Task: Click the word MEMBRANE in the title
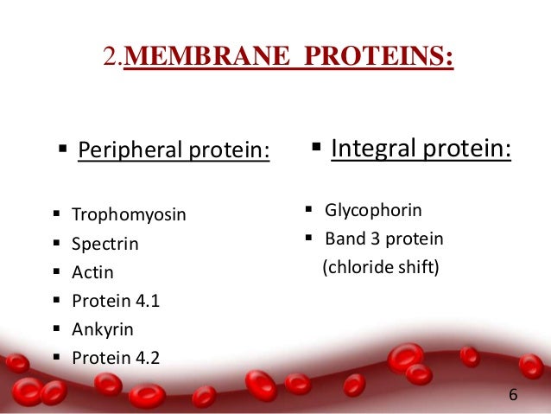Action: click(209, 59)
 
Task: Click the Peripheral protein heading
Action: click(174, 151)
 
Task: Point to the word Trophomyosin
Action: click(129, 214)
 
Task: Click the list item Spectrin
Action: click(104, 244)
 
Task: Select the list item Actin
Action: click(92, 272)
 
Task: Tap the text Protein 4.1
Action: click(116, 301)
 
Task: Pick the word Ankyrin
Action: click(103, 329)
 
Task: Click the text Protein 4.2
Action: click(116, 357)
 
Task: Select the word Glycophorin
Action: click(373, 210)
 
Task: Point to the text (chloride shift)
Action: click(381, 268)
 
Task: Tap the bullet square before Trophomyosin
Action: click(56, 213)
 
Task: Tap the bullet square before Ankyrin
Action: click(56, 328)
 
